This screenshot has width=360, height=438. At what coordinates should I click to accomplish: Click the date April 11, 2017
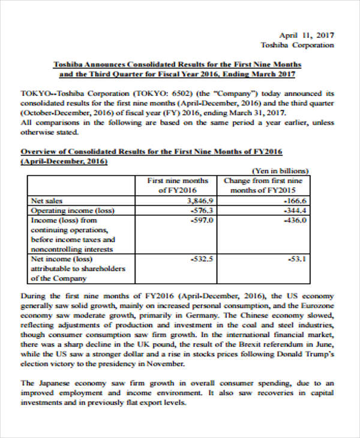pyautogui.click(x=307, y=35)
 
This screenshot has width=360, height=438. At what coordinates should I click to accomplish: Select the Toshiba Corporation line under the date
pyautogui.click(x=297, y=45)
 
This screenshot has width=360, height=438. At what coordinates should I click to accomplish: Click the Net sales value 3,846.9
pyautogui.click(x=200, y=200)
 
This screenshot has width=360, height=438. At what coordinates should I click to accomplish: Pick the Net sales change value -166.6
pyautogui.click(x=295, y=200)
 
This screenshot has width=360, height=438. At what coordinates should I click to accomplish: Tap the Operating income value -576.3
pyautogui.click(x=202, y=211)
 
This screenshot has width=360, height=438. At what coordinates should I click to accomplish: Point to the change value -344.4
pyautogui.click(x=295, y=211)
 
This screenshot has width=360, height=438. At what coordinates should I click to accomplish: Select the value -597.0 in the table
pyautogui.click(x=202, y=220)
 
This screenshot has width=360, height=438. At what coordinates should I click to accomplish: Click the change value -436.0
pyautogui.click(x=295, y=220)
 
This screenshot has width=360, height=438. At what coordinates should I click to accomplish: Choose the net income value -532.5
pyautogui.click(x=202, y=259)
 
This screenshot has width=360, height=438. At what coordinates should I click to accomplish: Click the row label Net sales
pyautogui.click(x=46, y=200)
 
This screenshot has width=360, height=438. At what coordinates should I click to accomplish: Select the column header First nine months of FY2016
pyautogui.click(x=178, y=185)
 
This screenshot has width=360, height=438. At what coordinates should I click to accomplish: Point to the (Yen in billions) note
pyautogui.click(x=280, y=170)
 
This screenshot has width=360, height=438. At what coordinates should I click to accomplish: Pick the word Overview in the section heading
pyautogui.click(x=37, y=151)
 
